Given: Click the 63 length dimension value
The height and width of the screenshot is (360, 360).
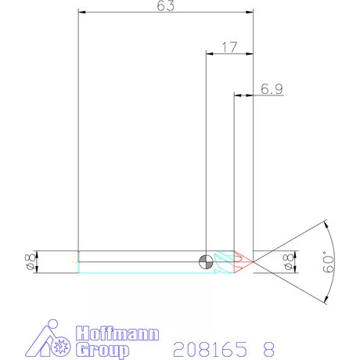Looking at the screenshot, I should coord(165,6).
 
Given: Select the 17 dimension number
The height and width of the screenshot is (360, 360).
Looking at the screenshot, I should coord(229,47).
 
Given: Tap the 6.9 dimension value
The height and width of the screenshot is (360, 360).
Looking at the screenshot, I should coord(272,89).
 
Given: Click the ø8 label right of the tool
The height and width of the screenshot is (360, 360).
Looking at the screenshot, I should coord(287,262).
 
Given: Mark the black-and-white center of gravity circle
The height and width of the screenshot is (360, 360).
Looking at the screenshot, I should coord(205,261).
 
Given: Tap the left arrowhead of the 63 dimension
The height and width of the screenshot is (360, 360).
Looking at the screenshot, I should coord(82,13).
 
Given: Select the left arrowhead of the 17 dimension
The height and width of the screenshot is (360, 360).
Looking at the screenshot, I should coord(209,54).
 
